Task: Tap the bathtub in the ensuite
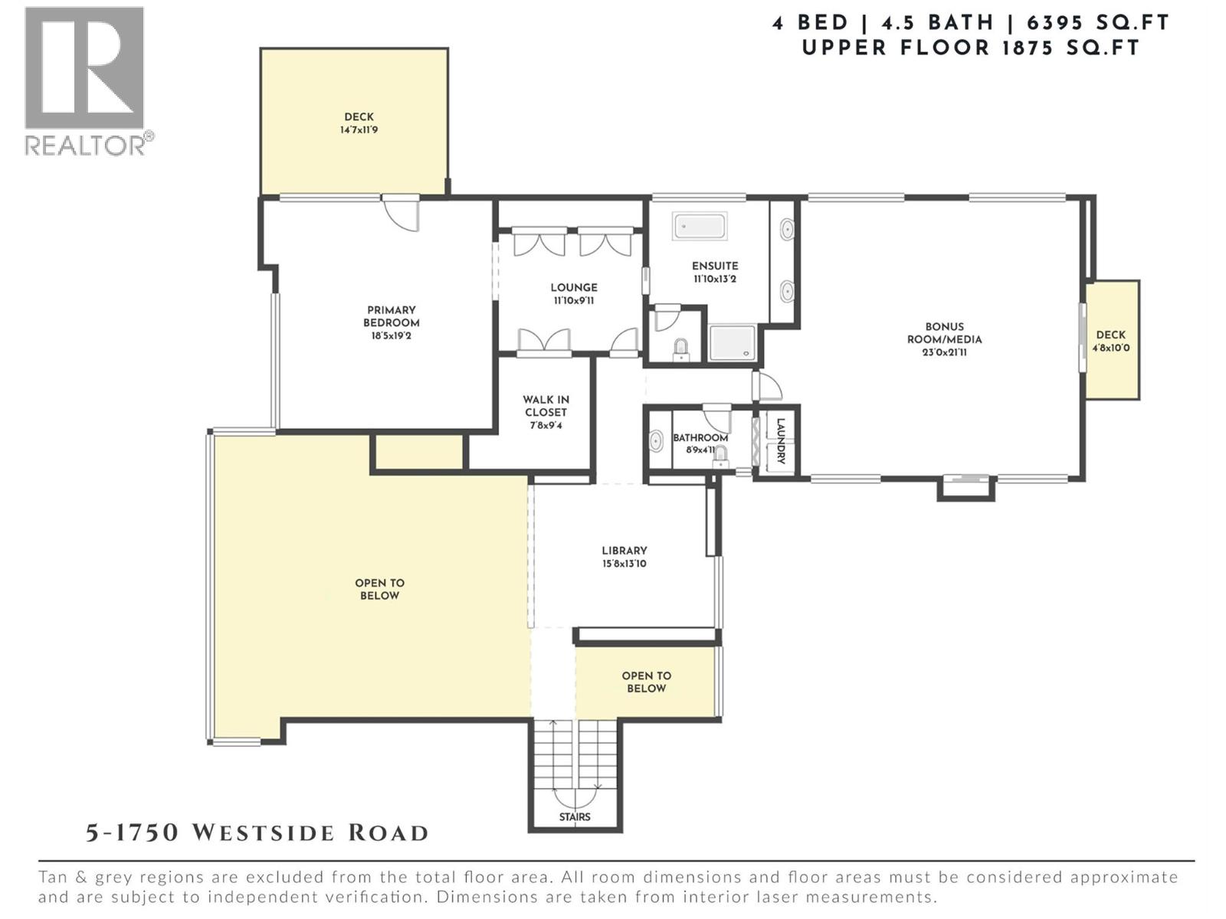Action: pyautogui.click(x=700, y=227)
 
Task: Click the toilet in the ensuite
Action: pyautogui.click(x=680, y=350)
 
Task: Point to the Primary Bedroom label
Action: pyautogui.click(x=391, y=316)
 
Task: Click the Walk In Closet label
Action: pyautogui.click(x=546, y=406)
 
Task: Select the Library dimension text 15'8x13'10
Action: pyautogui.click(x=624, y=564)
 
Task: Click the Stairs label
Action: pyautogui.click(x=575, y=817)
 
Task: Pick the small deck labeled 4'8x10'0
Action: pyautogui.click(x=1111, y=340)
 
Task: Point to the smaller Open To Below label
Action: pyautogui.click(x=646, y=682)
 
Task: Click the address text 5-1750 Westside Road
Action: pyautogui.click(x=257, y=832)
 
